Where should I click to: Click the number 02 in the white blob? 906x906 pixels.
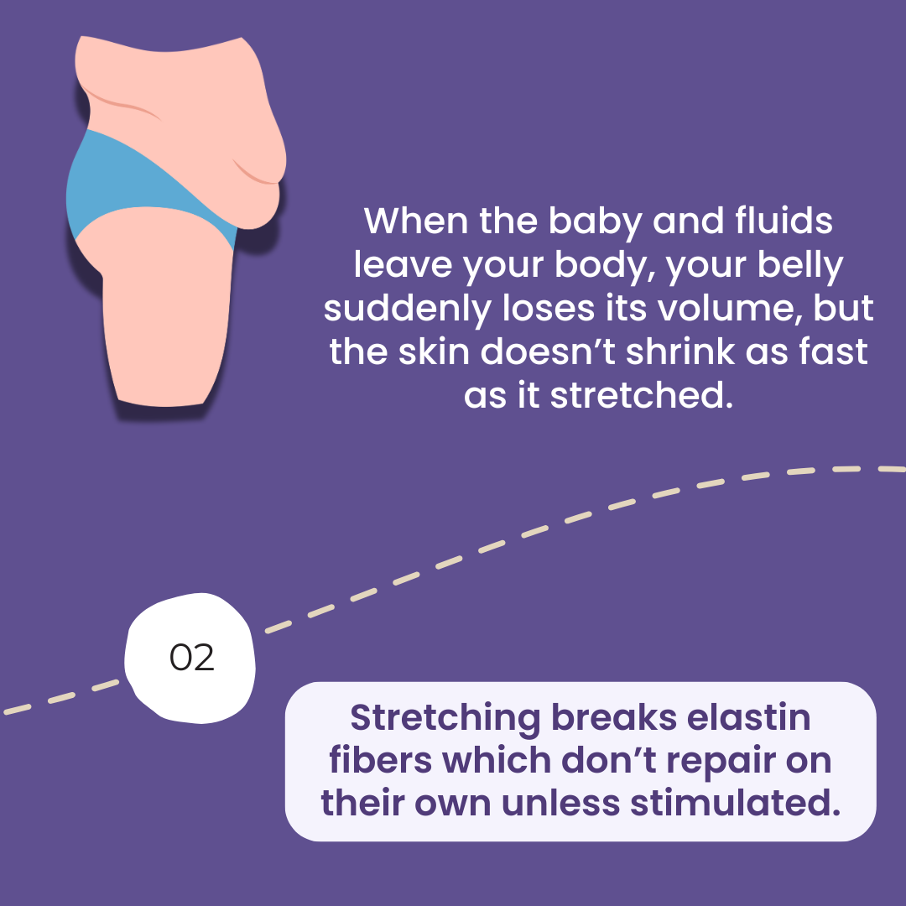tap(192, 658)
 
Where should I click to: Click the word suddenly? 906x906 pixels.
tap(407, 309)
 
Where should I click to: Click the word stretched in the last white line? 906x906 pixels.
tap(642, 396)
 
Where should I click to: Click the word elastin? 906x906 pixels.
tap(748, 717)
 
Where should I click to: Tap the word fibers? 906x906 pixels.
tap(380, 760)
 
